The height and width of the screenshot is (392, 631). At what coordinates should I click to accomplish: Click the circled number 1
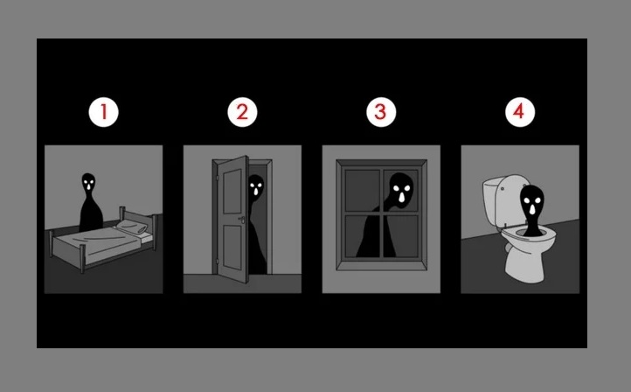click(103, 112)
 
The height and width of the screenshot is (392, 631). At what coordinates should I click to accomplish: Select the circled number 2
click(242, 112)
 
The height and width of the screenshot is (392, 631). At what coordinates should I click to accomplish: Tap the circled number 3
click(381, 112)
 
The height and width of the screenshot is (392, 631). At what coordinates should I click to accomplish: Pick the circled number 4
click(520, 112)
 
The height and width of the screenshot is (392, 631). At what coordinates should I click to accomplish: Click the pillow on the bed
click(132, 227)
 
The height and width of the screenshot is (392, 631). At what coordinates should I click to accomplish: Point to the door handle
click(241, 219)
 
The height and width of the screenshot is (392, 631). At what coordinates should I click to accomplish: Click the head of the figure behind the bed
click(88, 182)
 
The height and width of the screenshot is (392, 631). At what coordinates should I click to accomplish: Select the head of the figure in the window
click(401, 190)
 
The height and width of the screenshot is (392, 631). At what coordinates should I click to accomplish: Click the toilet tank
click(492, 201)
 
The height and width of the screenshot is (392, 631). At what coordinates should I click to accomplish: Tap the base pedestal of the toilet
click(524, 265)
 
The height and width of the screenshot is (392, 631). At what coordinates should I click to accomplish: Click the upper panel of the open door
click(232, 191)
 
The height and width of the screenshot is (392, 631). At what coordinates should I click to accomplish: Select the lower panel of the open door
click(232, 247)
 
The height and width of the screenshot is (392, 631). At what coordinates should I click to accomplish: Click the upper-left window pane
click(362, 190)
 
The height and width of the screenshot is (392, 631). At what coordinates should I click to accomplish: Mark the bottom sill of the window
click(382, 265)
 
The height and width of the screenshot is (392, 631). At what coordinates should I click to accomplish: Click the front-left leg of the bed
click(82, 259)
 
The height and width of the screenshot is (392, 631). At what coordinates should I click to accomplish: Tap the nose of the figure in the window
click(402, 197)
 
